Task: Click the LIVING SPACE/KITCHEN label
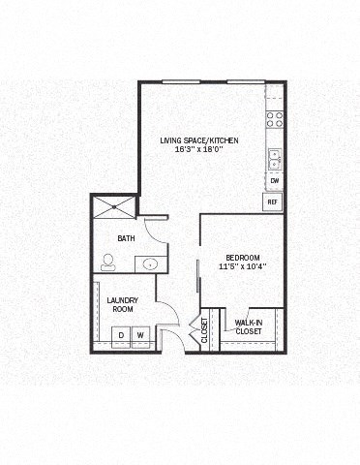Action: [x=199, y=141]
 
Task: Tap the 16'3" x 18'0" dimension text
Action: [x=199, y=150]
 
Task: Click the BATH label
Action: [x=126, y=238]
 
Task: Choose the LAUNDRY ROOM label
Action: [x=122, y=304]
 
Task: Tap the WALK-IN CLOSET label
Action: [x=249, y=326]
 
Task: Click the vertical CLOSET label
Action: [x=204, y=331]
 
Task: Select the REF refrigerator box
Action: [x=273, y=201]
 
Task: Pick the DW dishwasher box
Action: [x=275, y=181]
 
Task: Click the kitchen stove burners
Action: [x=275, y=120]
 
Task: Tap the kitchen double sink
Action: [x=275, y=158]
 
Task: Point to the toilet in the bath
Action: [x=108, y=261]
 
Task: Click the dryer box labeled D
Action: [x=121, y=335]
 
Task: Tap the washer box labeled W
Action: [x=139, y=335]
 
